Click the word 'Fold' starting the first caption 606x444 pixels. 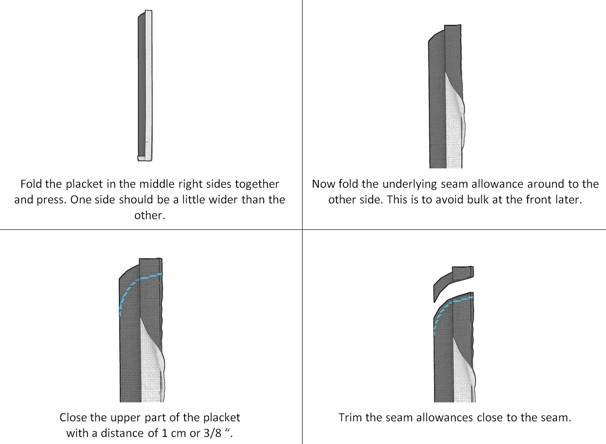click(31, 184)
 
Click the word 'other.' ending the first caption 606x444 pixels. click(150, 216)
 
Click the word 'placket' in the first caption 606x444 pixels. click(84, 184)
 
